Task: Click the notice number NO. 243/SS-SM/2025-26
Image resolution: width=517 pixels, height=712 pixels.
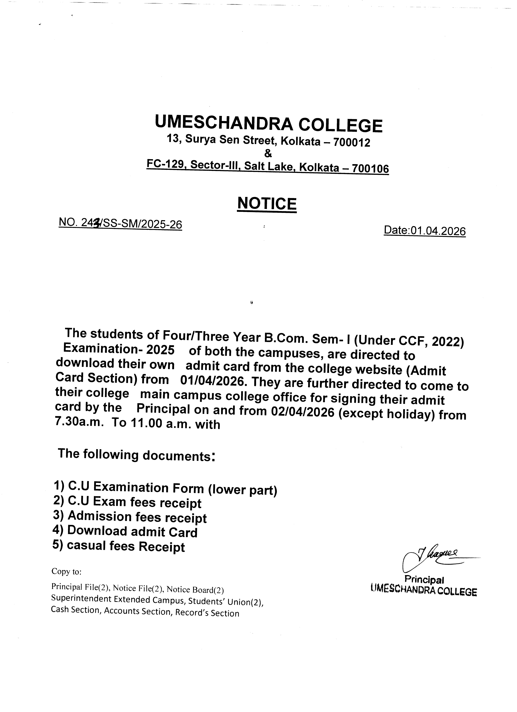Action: click(x=120, y=224)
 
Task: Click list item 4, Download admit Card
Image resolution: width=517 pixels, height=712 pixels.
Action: click(x=125, y=532)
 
